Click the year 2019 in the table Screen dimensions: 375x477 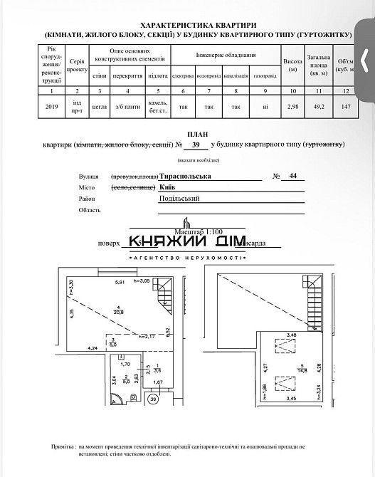pyautogui.click(x=51, y=107)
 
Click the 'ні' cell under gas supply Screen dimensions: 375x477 pyautogui.click(x=264, y=107)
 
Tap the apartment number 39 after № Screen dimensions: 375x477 pyautogui.click(x=196, y=145)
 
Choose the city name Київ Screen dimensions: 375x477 pyautogui.click(x=169, y=187)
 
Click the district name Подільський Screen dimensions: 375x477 pyautogui.click(x=179, y=199)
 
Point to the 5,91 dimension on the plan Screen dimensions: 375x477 pyautogui.click(x=120, y=281)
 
